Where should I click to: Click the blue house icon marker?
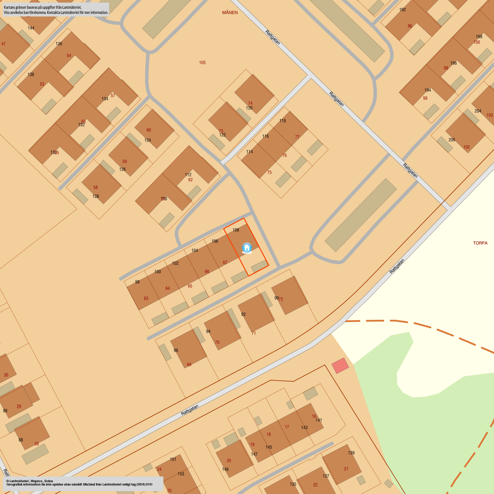247,248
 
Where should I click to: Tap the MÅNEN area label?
230,13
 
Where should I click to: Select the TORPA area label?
480,243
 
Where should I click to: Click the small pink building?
340,365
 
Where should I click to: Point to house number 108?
236,230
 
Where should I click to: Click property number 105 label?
202,63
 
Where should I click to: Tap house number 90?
276,298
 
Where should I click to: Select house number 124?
147,140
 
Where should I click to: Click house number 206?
452,140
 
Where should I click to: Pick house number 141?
319,420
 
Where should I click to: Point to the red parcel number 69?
189,365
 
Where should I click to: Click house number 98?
137,282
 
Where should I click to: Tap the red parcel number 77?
297,137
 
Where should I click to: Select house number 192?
403,10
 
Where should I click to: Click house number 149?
225,470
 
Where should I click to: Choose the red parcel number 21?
346,469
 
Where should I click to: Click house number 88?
21,440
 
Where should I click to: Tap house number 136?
59,44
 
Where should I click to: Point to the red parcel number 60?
149,130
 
